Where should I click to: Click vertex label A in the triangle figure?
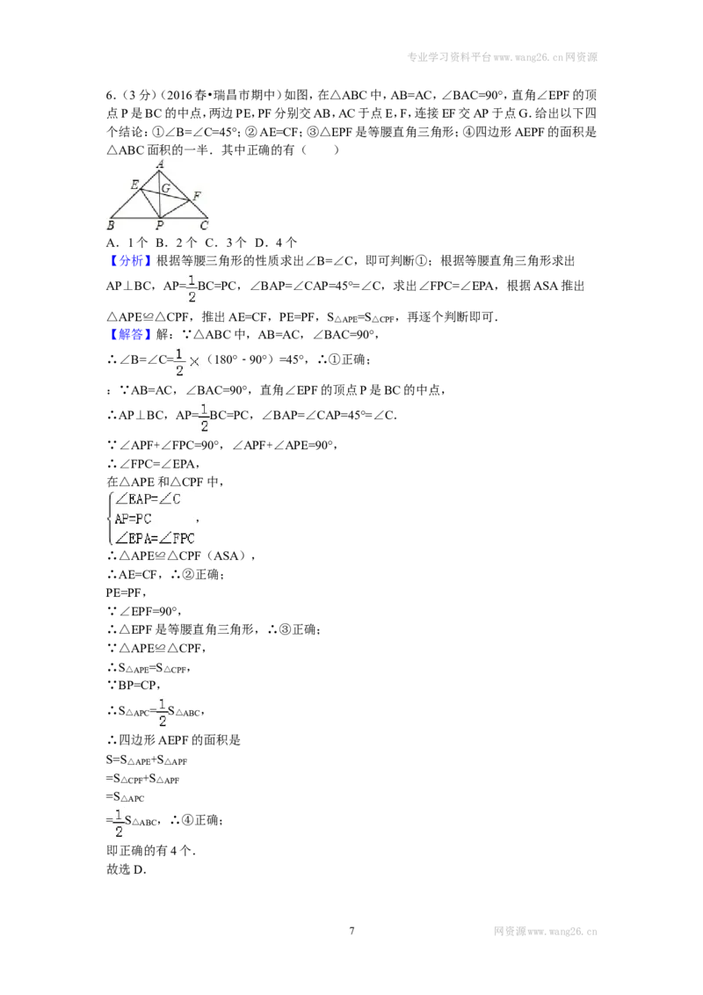[161, 164]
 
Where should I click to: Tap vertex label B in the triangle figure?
[111, 225]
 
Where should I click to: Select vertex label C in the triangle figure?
[204, 225]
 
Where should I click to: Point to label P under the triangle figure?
[159, 225]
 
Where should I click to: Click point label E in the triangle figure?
[134, 185]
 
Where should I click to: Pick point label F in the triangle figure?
[198, 196]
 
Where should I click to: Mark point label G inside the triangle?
[165, 188]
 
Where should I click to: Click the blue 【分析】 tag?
[130, 261]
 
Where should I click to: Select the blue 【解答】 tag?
[130, 334]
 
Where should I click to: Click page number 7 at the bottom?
[351, 931]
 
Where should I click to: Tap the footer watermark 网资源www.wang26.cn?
[546, 932]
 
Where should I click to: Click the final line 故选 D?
[127, 869]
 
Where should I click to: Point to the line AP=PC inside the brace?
[134, 519]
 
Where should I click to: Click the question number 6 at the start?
[110, 95]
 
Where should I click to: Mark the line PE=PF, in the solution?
[127, 592]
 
